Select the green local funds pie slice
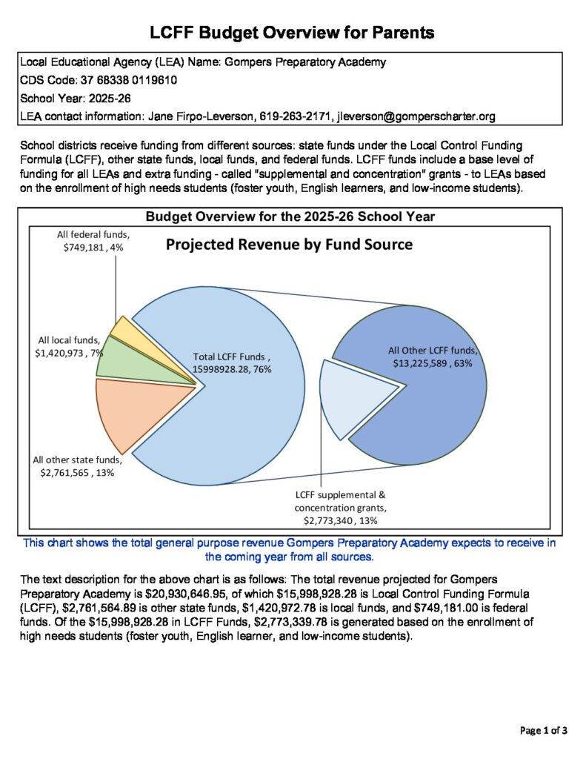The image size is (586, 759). point(111,357)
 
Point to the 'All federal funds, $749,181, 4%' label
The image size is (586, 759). point(90,241)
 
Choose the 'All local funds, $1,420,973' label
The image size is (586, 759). point(70,347)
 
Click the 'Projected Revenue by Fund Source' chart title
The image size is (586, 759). point(289,245)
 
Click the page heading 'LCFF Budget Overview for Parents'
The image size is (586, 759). point(292,33)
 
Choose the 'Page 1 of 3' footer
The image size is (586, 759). point(544,731)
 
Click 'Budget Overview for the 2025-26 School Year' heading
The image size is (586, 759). point(290,217)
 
